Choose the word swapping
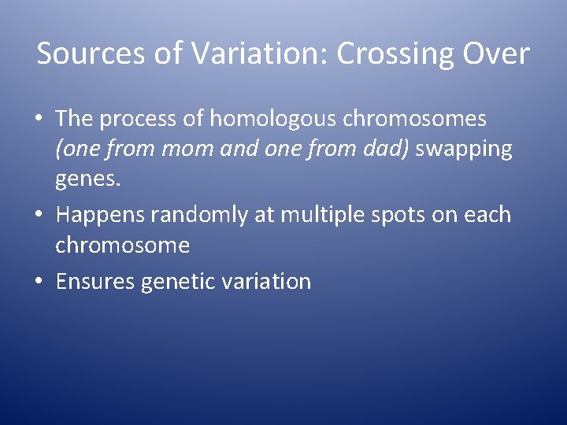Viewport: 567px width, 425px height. (x=464, y=150)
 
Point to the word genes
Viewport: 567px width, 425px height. (x=88, y=180)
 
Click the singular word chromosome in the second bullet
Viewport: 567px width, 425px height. (x=122, y=245)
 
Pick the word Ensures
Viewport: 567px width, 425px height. (x=95, y=281)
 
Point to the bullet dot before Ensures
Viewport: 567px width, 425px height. (x=39, y=281)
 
